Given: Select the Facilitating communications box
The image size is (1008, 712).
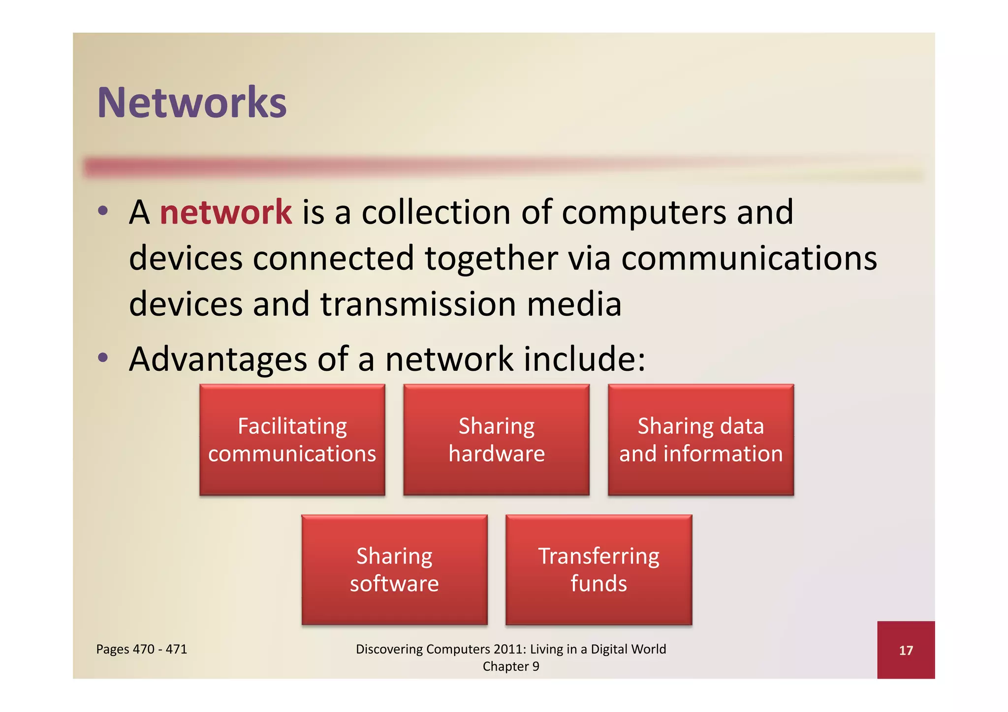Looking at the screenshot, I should pyautogui.click(x=292, y=440).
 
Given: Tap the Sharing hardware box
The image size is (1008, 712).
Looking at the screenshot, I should pyautogui.click(x=497, y=440).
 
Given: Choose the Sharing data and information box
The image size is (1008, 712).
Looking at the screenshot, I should pyautogui.click(x=701, y=440).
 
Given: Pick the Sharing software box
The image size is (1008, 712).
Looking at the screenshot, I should pyautogui.click(x=394, y=570).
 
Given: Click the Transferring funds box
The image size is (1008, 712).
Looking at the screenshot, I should pyautogui.click(x=598, y=570).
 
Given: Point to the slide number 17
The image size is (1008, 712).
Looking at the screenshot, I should pyautogui.click(x=906, y=651).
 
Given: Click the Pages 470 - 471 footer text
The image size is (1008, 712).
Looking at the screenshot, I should pyautogui.click(x=142, y=649).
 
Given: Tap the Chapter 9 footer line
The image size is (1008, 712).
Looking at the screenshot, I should pyautogui.click(x=511, y=666).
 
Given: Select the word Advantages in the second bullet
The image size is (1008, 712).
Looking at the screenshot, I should pyautogui.click(x=218, y=359).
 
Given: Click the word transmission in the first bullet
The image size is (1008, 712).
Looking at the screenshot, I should pyautogui.click(x=418, y=304).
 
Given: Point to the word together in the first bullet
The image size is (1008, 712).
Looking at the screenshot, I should pyautogui.click(x=491, y=258).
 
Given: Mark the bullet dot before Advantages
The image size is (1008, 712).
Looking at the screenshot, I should pyautogui.click(x=102, y=357).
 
